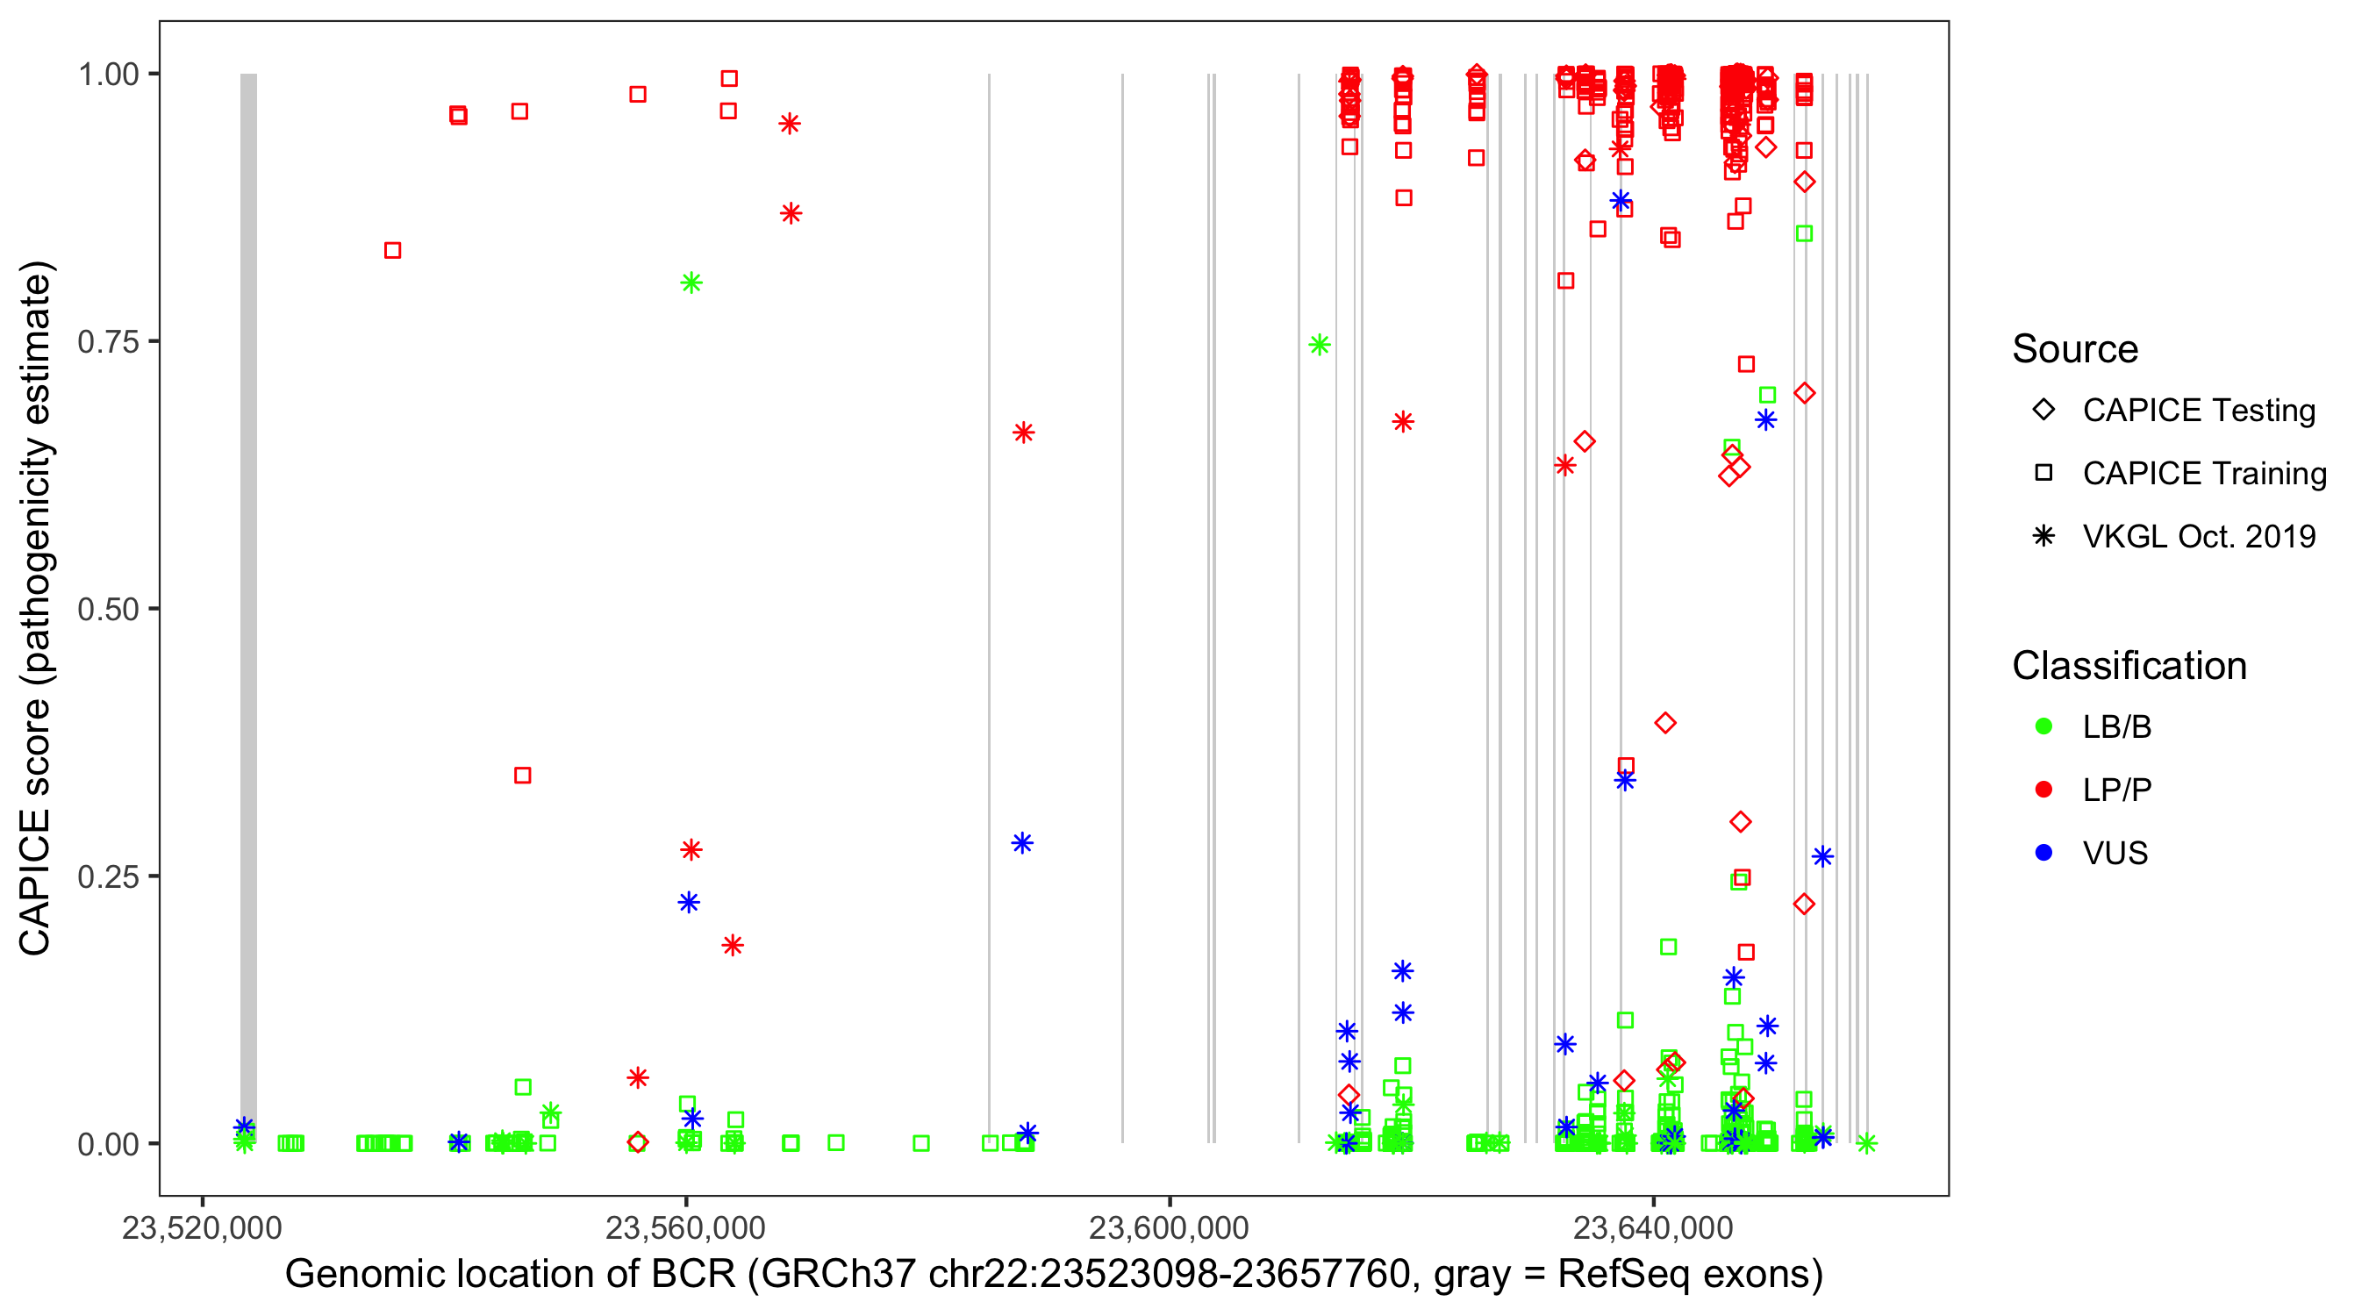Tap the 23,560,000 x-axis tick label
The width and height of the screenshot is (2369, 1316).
[685, 1228]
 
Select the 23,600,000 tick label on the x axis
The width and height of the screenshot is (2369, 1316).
[1169, 1228]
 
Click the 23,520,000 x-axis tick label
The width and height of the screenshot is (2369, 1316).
[203, 1228]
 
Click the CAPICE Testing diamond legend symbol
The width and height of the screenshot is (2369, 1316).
[2043, 411]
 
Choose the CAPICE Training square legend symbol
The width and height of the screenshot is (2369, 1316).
[2043, 474]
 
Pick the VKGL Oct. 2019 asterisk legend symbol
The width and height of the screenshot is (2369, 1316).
[2043, 536]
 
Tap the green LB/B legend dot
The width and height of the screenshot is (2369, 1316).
[2043, 726]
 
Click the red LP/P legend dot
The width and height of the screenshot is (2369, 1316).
[2043, 790]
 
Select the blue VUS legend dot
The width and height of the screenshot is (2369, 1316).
[2043, 854]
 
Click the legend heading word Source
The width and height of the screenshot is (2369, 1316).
[2075, 349]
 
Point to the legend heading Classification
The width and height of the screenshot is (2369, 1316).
[2129, 666]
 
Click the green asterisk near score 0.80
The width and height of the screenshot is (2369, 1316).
[691, 283]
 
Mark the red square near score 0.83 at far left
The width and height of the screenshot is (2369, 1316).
[393, 250]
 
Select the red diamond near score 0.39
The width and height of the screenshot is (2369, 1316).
[1664, 723]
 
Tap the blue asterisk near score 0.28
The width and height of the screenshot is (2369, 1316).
[1021, 843]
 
